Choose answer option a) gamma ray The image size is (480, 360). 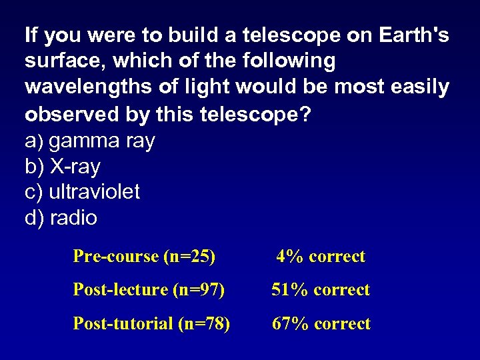(90, 141)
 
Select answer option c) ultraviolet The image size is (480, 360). (82, 192)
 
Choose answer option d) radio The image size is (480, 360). (61, 218)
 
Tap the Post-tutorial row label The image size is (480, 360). (123, 324)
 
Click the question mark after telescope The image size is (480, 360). (304, 114)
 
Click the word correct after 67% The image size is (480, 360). (342, 324)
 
